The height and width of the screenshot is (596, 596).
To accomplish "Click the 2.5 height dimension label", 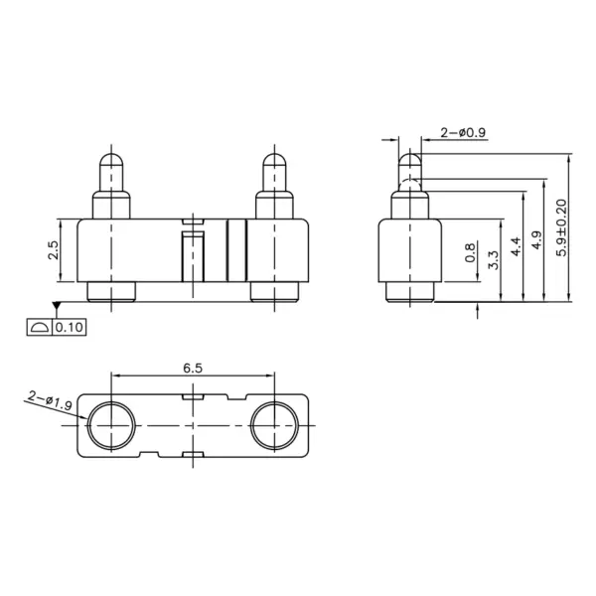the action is [x=54, y=250].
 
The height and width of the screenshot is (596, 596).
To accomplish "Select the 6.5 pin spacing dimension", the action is [x=193, y=368].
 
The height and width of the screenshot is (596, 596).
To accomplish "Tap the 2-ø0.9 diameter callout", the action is [x=463, y=133].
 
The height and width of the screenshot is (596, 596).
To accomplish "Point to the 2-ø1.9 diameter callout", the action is [x=50, y=400].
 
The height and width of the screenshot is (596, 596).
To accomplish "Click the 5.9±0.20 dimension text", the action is [x=561, y=227].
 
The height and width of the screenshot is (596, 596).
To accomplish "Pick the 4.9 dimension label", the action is [x=536, y=239].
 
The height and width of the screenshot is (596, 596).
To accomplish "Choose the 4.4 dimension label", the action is [x=516, y=246].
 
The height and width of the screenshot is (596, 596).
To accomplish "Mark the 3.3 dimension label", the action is [x=494, y=259].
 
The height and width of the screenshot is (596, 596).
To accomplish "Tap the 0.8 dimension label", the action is [x=470, y=252].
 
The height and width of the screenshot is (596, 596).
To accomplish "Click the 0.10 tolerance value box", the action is [x=70, y=327].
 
